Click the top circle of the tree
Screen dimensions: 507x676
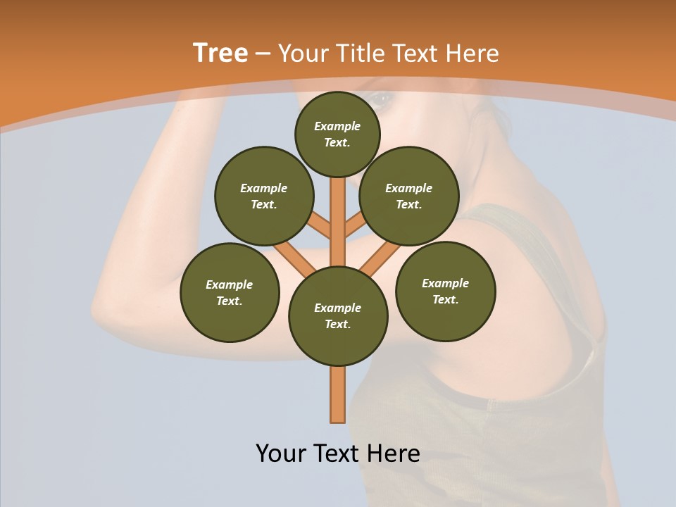tap(337, 134)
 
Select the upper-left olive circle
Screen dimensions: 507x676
tap(264, 196)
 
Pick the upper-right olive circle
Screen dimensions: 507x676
tap(409, 196)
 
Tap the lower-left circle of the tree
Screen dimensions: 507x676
tap(230, 292)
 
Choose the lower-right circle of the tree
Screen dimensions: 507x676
tap(446, 291)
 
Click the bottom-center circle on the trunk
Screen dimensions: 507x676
tap(338, 315)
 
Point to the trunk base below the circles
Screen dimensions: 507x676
tap(338, 394)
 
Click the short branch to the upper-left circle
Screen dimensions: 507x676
tap(320, 227)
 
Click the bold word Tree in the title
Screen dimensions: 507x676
tap(220, 54)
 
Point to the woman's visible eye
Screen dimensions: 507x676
tap(381, 100)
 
